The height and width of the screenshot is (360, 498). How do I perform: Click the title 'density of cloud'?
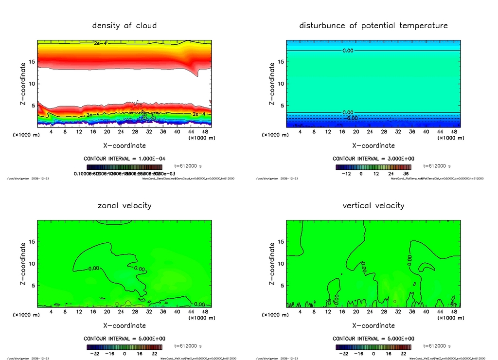tap(124, 25)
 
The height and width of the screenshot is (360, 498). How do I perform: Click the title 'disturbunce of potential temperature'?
tap(373, 25)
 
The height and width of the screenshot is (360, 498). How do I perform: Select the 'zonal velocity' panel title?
tap(124, 205)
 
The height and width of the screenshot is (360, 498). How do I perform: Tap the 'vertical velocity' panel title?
tap(373, 205)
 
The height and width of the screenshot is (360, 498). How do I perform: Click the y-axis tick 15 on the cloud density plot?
tap(31, 62)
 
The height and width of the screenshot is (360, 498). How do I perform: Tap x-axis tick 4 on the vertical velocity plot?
tap(300, 312)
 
